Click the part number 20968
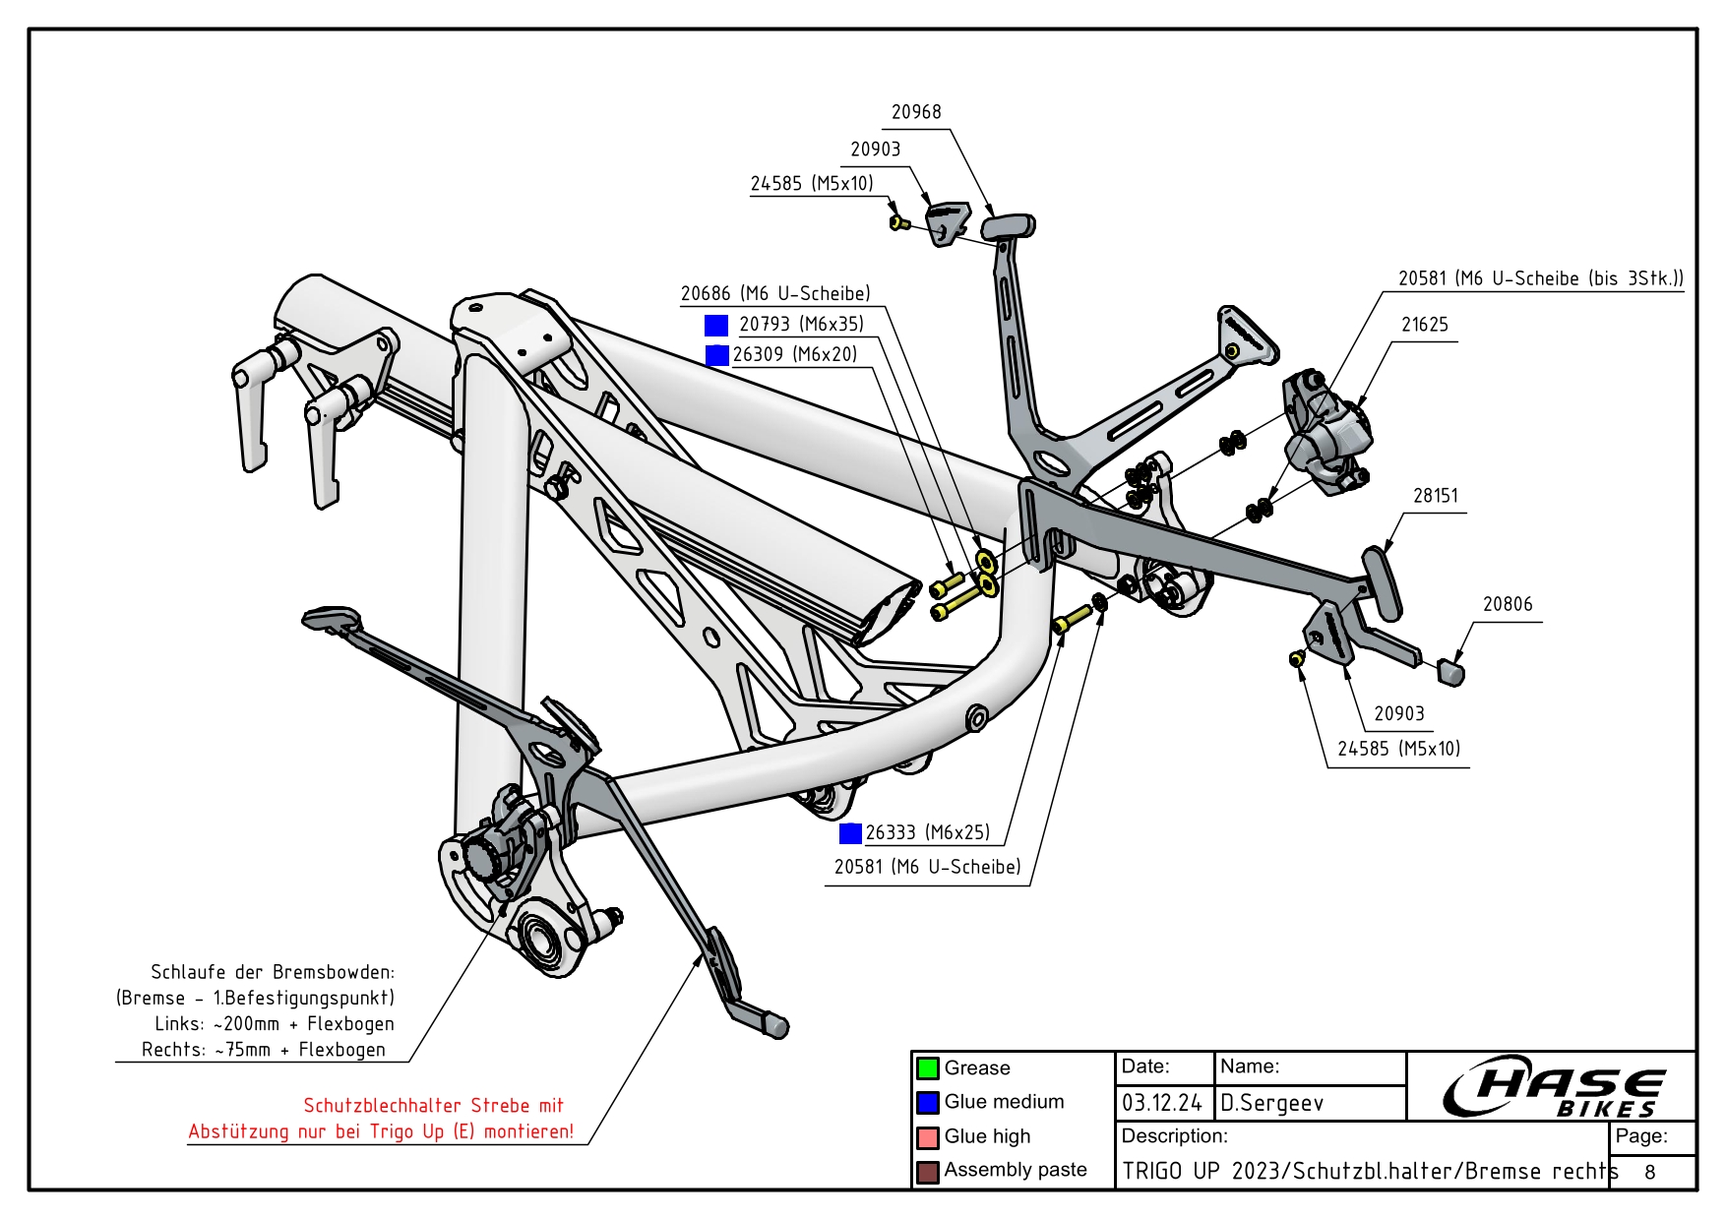[x=916, y=112]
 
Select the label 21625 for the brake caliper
[x=1424, y=325]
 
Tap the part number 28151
[x=1435, y=496]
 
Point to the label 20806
[x=1508, y=604]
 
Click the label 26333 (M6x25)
[x=927, y=832]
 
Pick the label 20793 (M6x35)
[x=801, y=324]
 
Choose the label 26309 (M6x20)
[x=795, y=354]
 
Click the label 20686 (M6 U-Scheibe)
[x=775, y=293]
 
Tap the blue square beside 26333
[x=850, y=833]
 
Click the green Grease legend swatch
[x=927, y=1068]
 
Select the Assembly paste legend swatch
[x=927, y=1172]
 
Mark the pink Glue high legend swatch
[x=927, y=1137]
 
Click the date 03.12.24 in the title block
[x=1162, y=1103]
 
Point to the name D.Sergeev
[x=1271, y=1103]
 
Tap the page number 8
[x=1650, y=1172]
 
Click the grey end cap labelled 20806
[x=1451, y=671]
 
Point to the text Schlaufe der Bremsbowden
[x=273, y=972]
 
